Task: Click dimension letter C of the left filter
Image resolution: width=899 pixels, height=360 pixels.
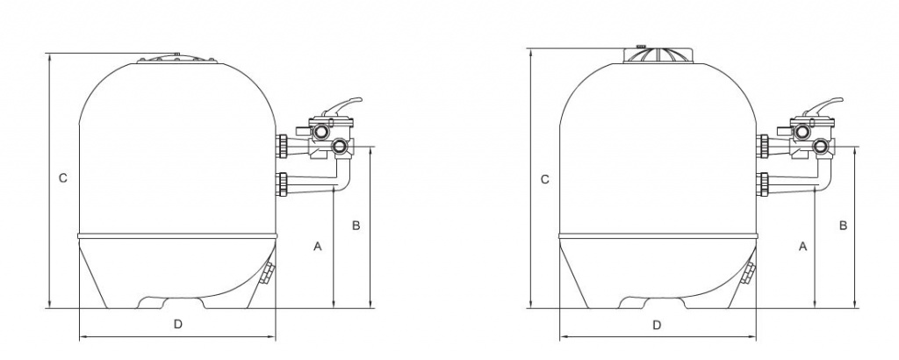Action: pyautogui.click(x=62, y=178)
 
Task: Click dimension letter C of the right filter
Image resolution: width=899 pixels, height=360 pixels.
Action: pyautogui.click(x=544, y=179)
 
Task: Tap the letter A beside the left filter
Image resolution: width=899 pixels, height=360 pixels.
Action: pyautogui.click(x=318, y=248)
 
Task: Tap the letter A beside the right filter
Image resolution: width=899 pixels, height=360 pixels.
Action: pyautogui.click(x=802, y=248)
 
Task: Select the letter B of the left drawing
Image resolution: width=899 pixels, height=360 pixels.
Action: pyautogui.click(x=356, y=226)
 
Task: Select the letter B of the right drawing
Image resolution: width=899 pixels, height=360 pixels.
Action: pyautogui.click(x=842, y=226)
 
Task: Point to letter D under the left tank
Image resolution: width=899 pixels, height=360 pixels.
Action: pyautogui.click(x=176, y=324)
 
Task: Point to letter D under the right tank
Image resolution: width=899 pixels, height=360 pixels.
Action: pyautogui.click(x=657, y=325)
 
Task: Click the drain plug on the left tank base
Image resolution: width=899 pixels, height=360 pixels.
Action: pyautogui.click(x=268, y=274)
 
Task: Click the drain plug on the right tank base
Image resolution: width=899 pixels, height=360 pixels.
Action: pyautogui.click(x=749, y=274)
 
